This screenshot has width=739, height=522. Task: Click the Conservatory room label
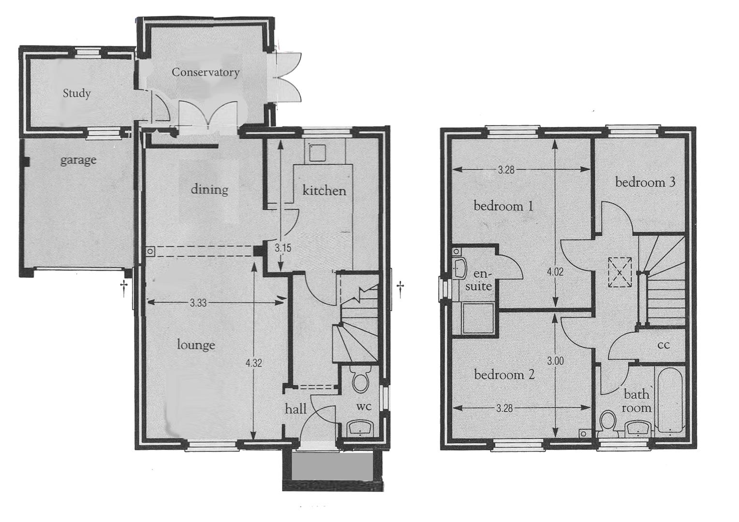[x=206, y=72]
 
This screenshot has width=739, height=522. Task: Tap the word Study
[x=76, y=93]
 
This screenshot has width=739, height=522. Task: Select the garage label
[x=78, y=160]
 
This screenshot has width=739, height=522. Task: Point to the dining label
[x=209, y=189]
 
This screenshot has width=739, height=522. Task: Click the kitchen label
[x=325, y=190]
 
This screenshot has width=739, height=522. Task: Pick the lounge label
[x=196, y=345]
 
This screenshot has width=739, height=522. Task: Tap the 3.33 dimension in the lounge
[x=198, y=303]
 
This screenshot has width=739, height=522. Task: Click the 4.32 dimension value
[x=254, y=363]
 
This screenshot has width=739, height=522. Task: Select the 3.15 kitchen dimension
[x=283, y=248]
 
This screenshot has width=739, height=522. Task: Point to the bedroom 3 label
[x=645, y=182]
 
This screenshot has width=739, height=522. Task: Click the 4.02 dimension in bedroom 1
[x=555, y=272]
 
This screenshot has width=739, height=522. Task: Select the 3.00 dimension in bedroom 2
[x=556, y=361]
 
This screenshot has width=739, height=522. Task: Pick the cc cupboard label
[x=663, y=345]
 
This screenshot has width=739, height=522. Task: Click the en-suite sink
[x=459, y=268]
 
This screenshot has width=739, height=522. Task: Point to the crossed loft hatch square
[x=620, y=273]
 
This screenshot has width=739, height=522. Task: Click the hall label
[x=296, y=409]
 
